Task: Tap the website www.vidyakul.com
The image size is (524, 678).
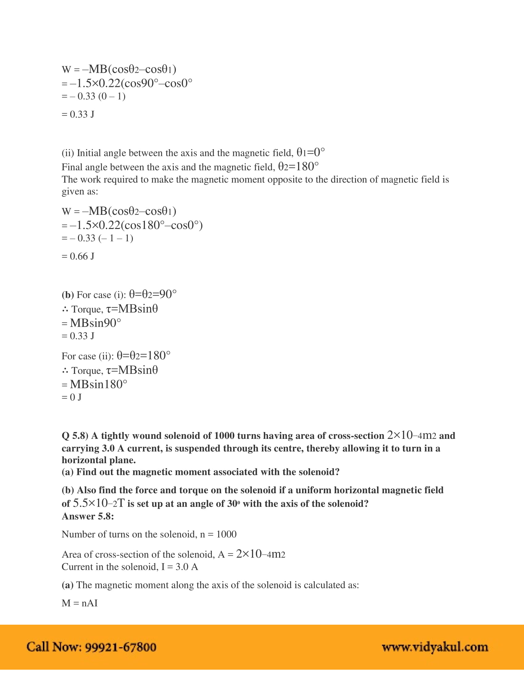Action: click(x=435, y=647)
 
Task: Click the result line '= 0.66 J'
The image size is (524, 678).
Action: click(x=78, y=256)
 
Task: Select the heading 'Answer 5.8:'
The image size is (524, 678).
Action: click(x=88, y=516)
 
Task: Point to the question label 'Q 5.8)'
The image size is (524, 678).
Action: click(x=75, y=436)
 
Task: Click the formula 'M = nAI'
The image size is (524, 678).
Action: click(x=80, y=603)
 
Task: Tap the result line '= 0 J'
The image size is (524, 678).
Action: click(x=72, y=397)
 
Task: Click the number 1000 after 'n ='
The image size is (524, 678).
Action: click(x=226, y=534)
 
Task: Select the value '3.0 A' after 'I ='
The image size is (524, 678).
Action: click(x=186, y=567)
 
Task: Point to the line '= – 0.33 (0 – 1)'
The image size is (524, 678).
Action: click(x=93, y=96)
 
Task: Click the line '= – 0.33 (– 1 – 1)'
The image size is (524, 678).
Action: click(x=97, y=239)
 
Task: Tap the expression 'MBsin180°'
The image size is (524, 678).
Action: click(x=98, y=384)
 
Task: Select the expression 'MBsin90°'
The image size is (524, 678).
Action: click(x=95, y=323)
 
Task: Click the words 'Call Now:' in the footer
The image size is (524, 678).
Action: click(x=54, y=647)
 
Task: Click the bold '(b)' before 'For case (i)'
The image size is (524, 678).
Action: click(x=68, y=295)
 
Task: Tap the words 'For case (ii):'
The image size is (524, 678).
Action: click(x=88, y=356)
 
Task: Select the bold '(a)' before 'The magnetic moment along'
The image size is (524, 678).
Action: click(x=68, y=585)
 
